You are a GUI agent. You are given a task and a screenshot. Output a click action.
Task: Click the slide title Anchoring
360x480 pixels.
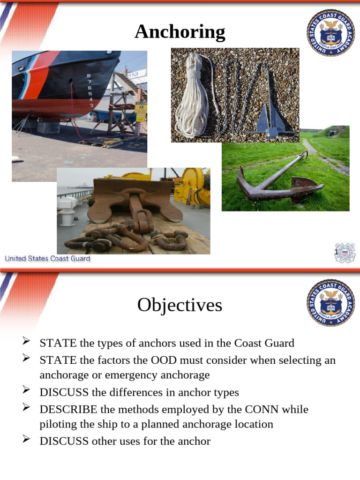(180, 32)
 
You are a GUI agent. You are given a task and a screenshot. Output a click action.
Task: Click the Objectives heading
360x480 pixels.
(180, 306)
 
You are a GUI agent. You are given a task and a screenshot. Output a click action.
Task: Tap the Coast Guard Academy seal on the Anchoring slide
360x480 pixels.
(331, 33)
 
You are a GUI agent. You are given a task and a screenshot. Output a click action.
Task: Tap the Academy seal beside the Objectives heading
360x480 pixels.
(331, 303)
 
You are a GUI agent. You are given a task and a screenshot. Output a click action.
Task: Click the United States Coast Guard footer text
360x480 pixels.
(47, 259)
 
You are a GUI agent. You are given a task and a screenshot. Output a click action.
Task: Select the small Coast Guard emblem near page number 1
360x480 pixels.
(346, 253)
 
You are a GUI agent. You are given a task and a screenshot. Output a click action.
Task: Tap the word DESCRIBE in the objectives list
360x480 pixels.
(68, 409)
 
